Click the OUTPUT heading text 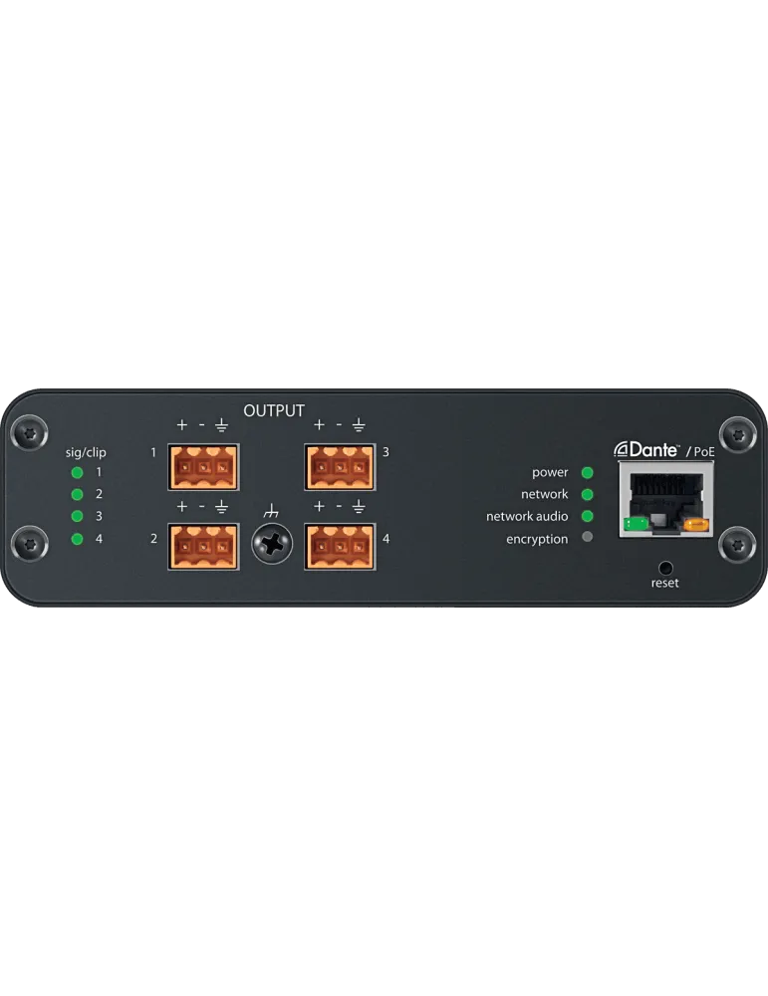pos(274,411)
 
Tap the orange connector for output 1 pos(203,467)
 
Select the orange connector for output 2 pos(203,546)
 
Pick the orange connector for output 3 pos(340,467)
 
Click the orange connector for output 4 pos(340,546)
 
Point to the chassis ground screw pos(272,544)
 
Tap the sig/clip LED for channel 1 pos(77,472)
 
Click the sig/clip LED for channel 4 pos(77,539)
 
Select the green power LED pos(588,472)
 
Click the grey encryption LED pos(588,537)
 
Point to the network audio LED pos(588,516)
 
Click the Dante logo pos(646,450)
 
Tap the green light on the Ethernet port pos(636,524)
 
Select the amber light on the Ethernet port pos(697,525)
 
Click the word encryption pos(537,539)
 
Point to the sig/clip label pos(86,453)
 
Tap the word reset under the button pos(664,583)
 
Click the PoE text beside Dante pos(704,451)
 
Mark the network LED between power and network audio pos(588,494)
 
